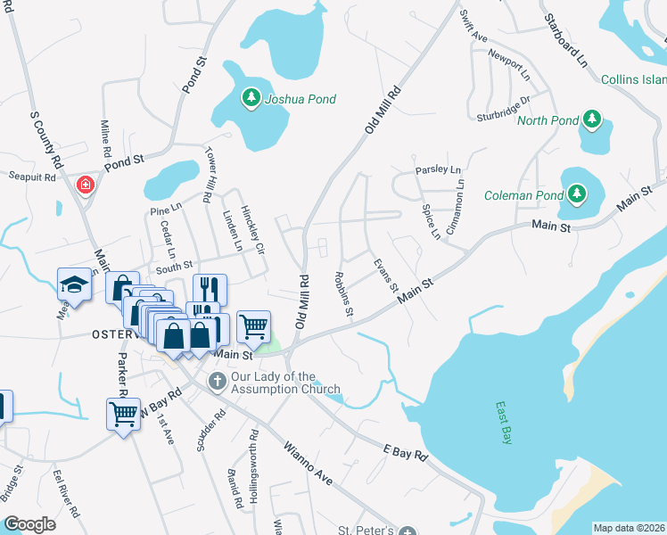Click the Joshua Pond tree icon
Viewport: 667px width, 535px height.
(252, 99)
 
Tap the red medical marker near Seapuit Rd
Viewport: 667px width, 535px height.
(86, 185)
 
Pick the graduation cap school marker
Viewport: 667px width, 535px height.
(74, 284)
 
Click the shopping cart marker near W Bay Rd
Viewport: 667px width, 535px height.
(123, 413)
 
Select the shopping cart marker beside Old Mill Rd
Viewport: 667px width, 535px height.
(253, 325)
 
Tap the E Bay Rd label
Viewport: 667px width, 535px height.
(406, 453)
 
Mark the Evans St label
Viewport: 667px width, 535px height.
(385, 273)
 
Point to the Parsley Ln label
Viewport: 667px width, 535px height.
(437, 169)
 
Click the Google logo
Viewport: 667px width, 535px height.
(29, 524)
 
